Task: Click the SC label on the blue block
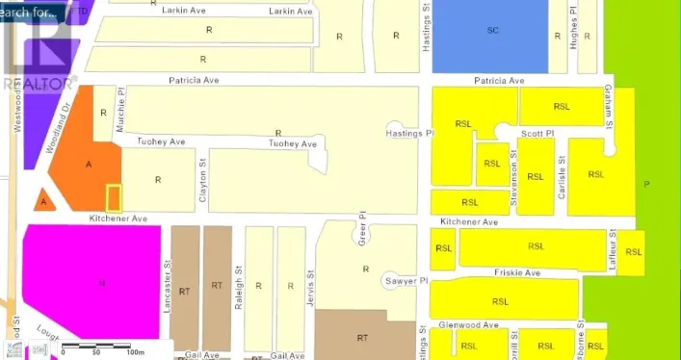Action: tap(492, 31)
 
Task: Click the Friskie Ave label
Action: tap(518, 273)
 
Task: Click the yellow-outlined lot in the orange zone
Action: tap(114, 197)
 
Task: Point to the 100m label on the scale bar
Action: tap(134, 352)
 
